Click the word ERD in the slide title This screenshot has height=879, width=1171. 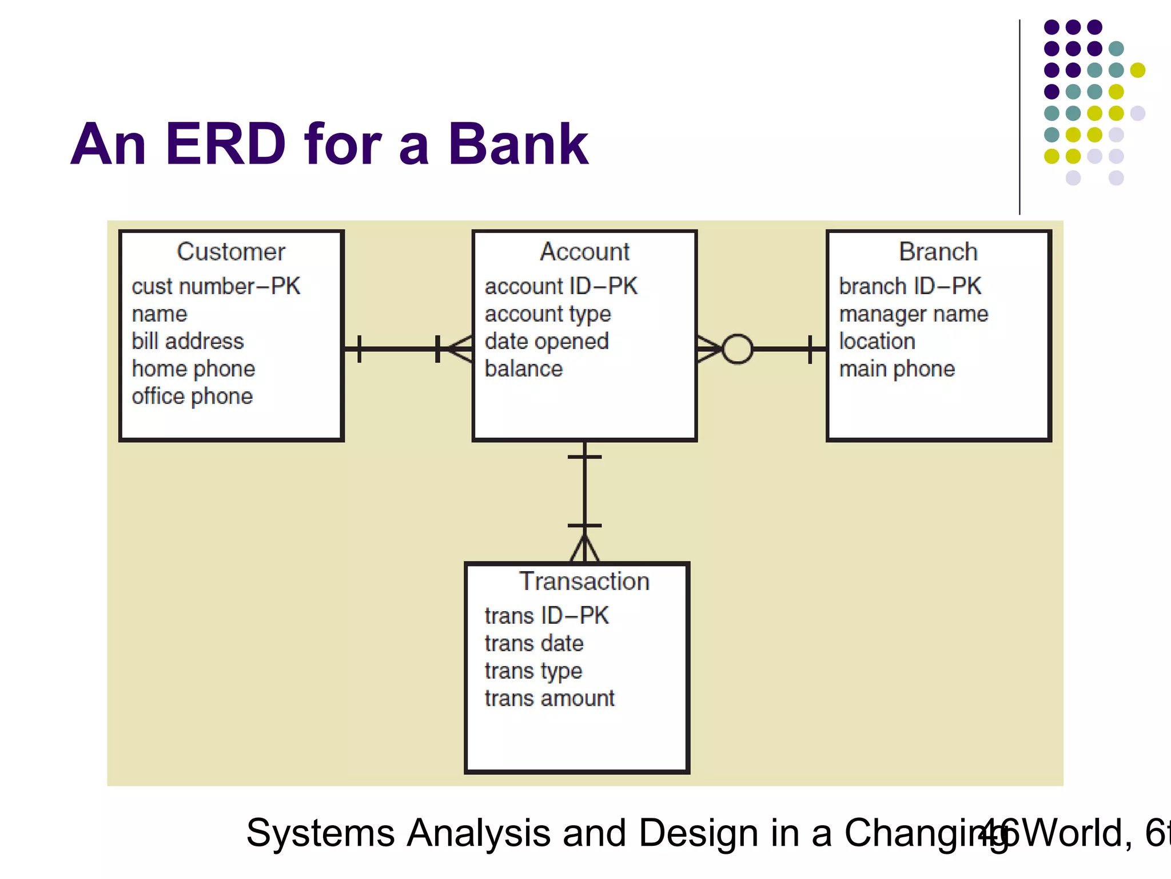click(225, 144)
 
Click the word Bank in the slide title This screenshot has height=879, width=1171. click(517, 144)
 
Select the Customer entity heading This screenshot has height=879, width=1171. click(230, 252)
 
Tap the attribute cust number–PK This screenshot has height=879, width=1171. click(216, 286)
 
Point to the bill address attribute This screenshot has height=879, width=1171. click(188, 341)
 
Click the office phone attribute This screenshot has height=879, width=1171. click(192, 396)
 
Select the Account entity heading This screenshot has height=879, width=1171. click(584, 252)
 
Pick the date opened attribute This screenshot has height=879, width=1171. click(546, 341)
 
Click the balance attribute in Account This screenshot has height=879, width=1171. click(523, 369)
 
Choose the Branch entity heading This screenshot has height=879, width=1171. click(938, 252)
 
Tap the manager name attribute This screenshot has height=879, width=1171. click(913, 314)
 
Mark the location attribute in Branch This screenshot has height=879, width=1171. click(877, 341)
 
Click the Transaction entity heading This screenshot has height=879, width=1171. click(584, 581)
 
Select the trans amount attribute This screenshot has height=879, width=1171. click(549, 698)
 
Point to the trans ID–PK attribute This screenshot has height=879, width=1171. click(546, 616)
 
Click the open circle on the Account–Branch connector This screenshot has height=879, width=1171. click(737, 349)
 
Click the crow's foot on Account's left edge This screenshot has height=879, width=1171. click(460, 349)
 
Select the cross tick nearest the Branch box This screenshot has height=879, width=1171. click(810, 349)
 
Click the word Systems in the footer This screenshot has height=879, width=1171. click(320, 833)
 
